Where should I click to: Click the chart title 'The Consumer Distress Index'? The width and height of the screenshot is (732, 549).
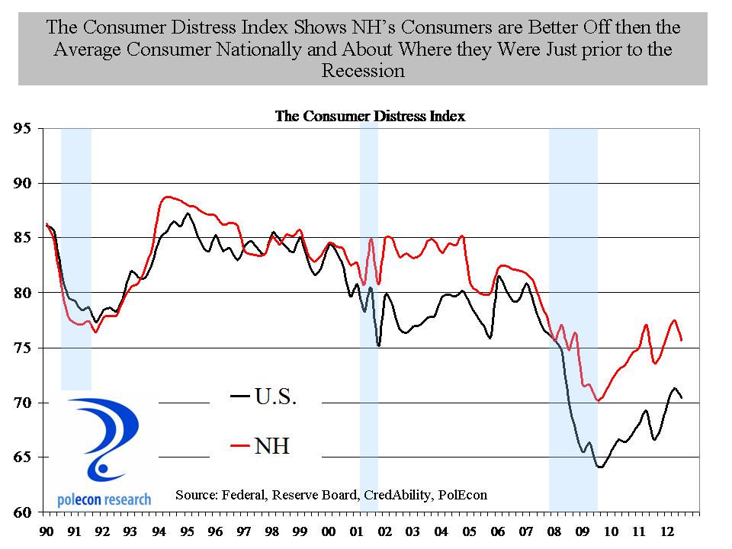[x=369, y=117]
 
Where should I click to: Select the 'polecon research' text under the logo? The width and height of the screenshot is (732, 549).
[x=104, y=499]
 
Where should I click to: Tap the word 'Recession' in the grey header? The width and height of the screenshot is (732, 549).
[x=362, y=72]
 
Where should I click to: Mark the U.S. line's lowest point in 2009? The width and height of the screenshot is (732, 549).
[x=600, y=467]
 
